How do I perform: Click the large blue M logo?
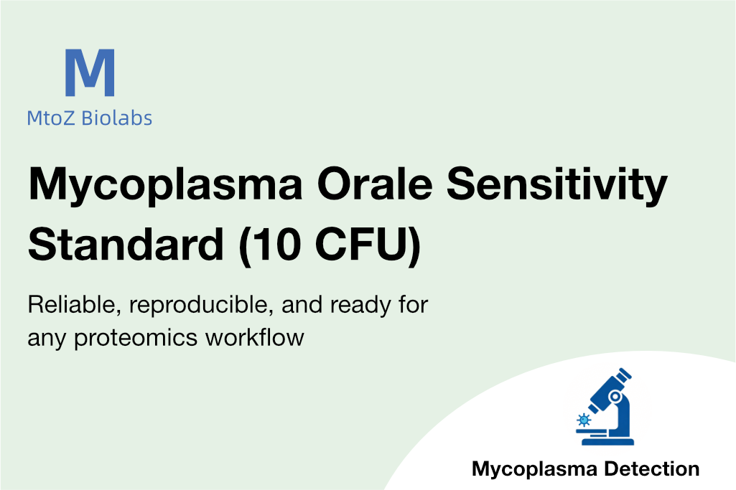tap(90, 72)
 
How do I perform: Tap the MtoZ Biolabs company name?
tap(90, 118)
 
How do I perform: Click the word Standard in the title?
tap(126, 244)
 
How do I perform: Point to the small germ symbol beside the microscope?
tap(584, 420)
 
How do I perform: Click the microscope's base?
tap(608, 441)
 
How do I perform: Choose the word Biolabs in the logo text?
tap(117, 118)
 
